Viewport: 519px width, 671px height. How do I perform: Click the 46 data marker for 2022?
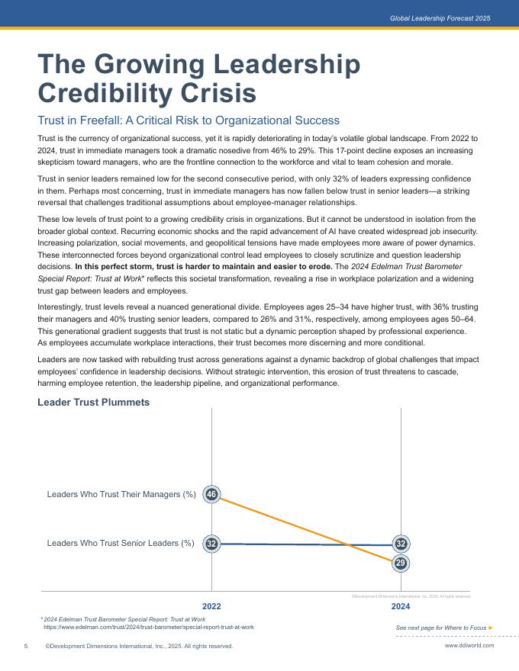[211, 495]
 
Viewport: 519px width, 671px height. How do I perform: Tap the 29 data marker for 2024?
[401, 563]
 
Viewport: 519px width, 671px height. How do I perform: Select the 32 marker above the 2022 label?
[211, 544]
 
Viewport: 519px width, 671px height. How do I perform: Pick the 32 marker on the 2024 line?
[401, 544]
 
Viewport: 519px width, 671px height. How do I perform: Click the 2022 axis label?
[211, 606]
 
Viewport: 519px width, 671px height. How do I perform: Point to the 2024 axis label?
[401, 606]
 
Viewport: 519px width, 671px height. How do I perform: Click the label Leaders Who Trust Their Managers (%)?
[121, 495]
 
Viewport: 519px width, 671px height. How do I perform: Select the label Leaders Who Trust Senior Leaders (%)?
[121, 544]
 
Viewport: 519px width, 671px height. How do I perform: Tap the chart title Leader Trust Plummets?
[93, 402]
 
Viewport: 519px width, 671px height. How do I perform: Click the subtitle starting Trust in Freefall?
[189, 120]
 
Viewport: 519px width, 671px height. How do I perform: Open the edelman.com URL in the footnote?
[149, 627]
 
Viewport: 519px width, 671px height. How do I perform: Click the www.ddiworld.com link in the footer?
[469, 645]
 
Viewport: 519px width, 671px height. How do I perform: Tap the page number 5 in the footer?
[26, 646]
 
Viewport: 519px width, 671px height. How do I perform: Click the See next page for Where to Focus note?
[441, 628]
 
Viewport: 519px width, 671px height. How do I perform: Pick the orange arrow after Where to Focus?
[491, 628]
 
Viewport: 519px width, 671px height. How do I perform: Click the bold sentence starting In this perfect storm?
[202, 268]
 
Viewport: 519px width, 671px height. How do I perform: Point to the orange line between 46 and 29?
[305, 529]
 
